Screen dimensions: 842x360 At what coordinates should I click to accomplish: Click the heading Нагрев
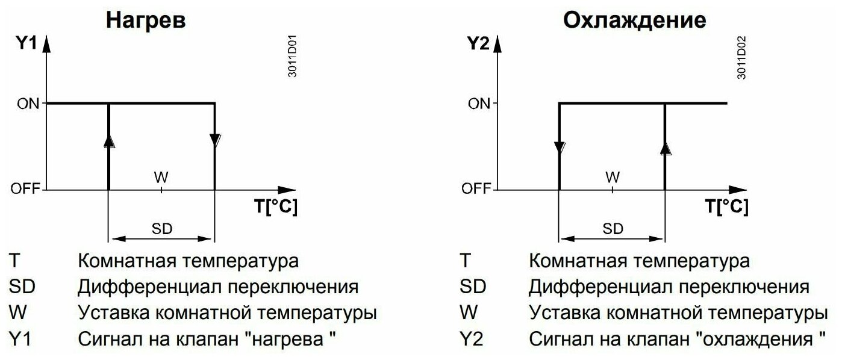[x=145, y=20]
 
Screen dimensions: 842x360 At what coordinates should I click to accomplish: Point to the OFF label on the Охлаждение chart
[x=476, y=190]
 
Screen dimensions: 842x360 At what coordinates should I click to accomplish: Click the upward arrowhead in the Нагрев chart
[x=109, y=141]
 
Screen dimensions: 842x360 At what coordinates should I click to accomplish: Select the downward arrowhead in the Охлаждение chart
[x=560, y=147]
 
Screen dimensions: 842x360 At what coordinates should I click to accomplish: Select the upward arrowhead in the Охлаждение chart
[x=665, y=148]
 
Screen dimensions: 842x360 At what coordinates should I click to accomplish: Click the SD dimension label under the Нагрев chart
[x=161, y=228]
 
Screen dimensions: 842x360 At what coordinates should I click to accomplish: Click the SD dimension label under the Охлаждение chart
[x=613, y=228]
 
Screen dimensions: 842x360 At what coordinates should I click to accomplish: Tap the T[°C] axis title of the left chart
[x=275, y=206]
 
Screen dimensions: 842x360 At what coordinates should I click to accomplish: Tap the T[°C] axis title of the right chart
[x=726, y=206]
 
